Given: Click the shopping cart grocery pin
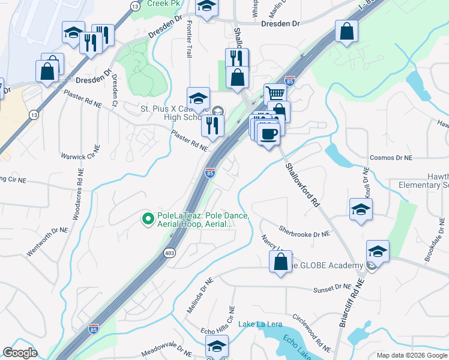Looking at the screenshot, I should tap(275, 94).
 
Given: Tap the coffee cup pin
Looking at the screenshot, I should tap(268, 133).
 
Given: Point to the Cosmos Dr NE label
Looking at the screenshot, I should tap(392, 157).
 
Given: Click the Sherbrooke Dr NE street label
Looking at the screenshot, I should tap(305, 231).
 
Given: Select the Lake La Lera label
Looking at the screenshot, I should tap(260, 324).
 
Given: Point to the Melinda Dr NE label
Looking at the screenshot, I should tap(199, 296).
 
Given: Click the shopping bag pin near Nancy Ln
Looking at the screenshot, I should tap(280, 262).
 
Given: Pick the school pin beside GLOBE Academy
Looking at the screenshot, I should tap(378, 251).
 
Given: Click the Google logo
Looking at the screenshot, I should tap(20, 353).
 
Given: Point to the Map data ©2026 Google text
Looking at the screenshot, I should tap(411, 355).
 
